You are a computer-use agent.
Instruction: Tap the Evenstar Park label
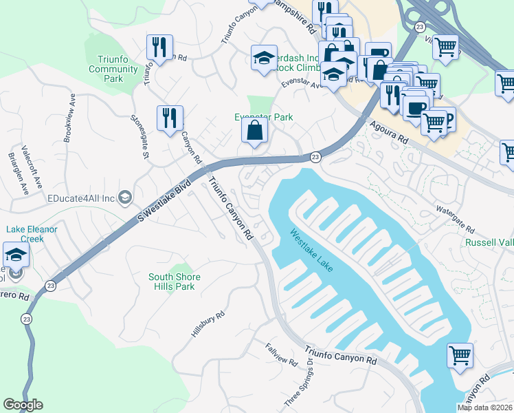[264, 117]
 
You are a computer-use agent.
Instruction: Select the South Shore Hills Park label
[175, 282]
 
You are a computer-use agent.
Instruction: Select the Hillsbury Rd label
[208, 325]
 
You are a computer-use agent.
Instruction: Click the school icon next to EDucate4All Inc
[124, 198]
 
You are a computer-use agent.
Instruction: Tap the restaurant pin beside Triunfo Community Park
[159, 47]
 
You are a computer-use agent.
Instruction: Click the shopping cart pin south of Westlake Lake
[460, 356]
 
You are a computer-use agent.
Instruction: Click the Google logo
[23, 405]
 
